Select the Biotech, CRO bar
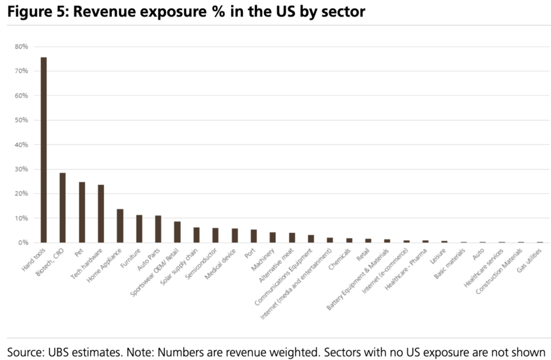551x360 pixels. point(63,207)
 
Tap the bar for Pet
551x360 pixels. point(82,212)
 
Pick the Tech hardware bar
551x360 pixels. point(101,213)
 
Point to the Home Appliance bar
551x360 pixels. point(120,226)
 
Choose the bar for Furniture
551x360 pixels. point(139,229)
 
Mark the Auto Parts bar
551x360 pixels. point(158,229)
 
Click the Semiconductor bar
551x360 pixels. point(215,235)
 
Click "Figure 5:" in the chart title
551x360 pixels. point(36,11)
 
